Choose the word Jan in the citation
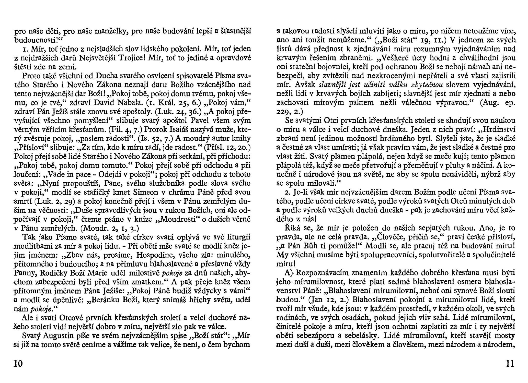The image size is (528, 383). point(315,300)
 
